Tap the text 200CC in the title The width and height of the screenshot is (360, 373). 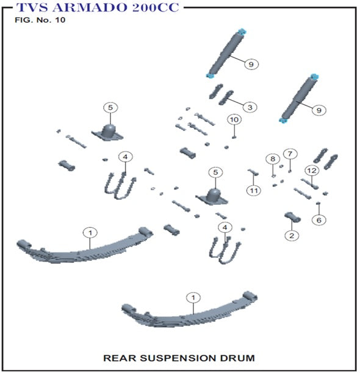pyautogui.click(x=156, y=7)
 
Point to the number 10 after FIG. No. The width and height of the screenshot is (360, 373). pyautogui.click(x=60, y=20)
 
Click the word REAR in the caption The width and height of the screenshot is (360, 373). pyautogui.click(x=120, y=358)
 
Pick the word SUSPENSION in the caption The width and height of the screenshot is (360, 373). pyautogui.click(x=178, y=358)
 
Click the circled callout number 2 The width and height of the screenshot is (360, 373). pyautogui.click(x=292, y=236)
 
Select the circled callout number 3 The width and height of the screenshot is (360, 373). pyautogui.click(x=250, y=107)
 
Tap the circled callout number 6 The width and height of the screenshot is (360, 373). pyautogui.click(x=319, y=220)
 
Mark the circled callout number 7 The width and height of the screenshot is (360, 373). pyautogui.click(x=290, y=154)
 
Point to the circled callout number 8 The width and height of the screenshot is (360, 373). pyautogui.click(x=273, y=159)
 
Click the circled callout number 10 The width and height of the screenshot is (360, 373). pyautogui.click(x=234, y=119)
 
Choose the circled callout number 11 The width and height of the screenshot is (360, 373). pyautogui.click(x=254, y=191)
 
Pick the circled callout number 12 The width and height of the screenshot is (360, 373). pyautogui.click(x=312, y=171)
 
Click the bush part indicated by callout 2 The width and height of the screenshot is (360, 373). pyautogui.click(x=292, y=217)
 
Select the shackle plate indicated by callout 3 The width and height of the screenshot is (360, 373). pyautogui.click(x=226, y=98)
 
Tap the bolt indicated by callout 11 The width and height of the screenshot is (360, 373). pyautogui.click(x=253, y=172)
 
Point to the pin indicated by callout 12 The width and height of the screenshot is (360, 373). pyautogui.click(x=309, y=184)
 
